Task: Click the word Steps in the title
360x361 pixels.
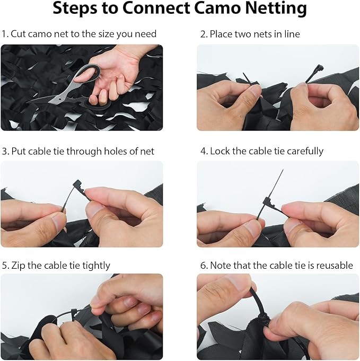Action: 75,9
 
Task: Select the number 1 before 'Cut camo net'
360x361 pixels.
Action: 4,34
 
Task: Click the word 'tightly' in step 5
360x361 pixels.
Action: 96,266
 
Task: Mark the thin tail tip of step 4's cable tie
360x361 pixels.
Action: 283,170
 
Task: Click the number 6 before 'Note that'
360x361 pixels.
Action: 203,266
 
